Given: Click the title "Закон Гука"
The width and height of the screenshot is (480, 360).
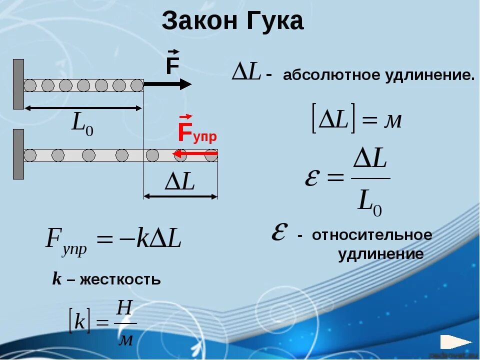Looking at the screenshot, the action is (x=232, y=22).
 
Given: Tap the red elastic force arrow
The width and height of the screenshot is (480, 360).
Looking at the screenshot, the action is (x=194, y=154).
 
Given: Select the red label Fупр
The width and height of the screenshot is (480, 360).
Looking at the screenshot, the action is (x=197, y=133).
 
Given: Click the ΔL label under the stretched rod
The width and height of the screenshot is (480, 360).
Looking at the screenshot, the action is (x=180, y=183).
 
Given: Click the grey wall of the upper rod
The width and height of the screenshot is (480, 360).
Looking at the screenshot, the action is (x=18, y=84).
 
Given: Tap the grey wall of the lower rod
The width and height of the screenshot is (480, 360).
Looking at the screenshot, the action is (x=18, y=154).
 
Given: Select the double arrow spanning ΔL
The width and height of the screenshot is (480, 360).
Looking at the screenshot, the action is (x=180, y=196).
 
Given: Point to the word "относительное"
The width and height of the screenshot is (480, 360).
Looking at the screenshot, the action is (x=372, y=235).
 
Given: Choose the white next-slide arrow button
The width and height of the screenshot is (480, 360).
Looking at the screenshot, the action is (x=455, y=342).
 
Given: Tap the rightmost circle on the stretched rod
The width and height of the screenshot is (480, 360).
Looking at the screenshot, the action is (x=211, y=155).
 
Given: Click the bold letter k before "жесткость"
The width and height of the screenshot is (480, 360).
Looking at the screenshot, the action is (x=56, y=279).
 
